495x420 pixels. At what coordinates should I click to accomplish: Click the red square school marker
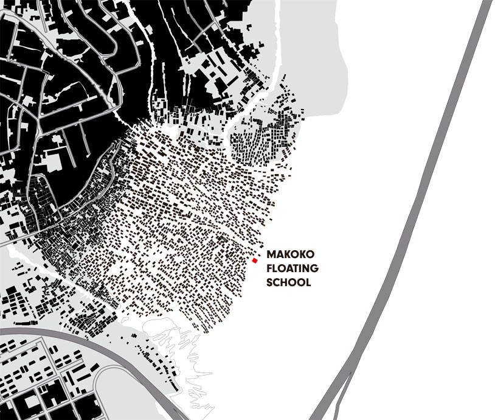pyautogui.click(x=255, y=261)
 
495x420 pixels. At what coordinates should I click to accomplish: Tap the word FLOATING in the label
pyautogui.click(x=293, y=269)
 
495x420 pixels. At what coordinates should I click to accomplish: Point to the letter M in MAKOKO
pyautogui.click(x=271, y=256)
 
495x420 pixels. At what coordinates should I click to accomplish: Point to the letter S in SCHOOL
pyautogui.click(x=271, y=282)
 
